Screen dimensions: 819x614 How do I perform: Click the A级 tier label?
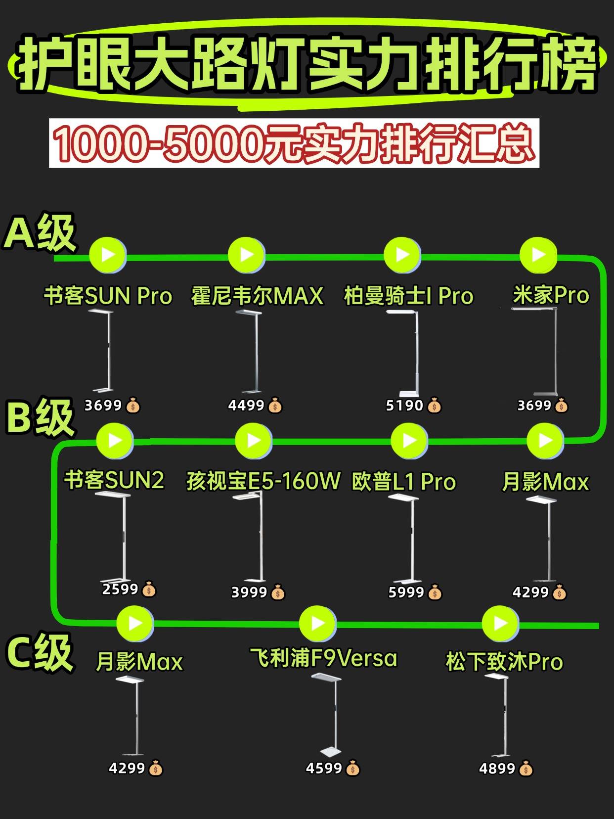click(x=40, y=232)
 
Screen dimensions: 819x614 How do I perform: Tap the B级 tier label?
click(x=40, y=418)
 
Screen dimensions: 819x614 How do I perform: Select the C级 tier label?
click(x=40, y=653)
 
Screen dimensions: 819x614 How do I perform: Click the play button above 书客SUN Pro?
click(x=108, y=255)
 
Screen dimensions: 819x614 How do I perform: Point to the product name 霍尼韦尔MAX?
click(x=257, y=296)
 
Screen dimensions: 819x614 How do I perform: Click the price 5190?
click(x=404, y=406)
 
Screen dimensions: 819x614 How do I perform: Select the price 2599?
click(x=120, y=589)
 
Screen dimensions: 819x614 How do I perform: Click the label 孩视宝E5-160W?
click(x=263, y=481)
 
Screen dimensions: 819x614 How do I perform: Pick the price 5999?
click(x=406, y=592)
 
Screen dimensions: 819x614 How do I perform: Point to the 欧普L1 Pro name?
click(x=403, y=482)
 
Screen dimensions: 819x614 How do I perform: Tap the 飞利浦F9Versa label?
click(x=323, y=658)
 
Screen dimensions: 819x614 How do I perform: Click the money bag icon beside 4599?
click(x=352, y=769)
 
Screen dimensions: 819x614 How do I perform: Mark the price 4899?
click(x=497, y=769)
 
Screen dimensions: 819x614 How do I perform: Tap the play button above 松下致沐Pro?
click(x=500, y=623)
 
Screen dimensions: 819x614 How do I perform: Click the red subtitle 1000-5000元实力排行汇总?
click(x=294, y=143)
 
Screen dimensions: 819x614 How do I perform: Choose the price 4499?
click(x=246, y=406)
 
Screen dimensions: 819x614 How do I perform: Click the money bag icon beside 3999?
click(x=278, y=592)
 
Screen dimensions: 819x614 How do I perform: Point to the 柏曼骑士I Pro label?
click(x=408, y=296)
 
